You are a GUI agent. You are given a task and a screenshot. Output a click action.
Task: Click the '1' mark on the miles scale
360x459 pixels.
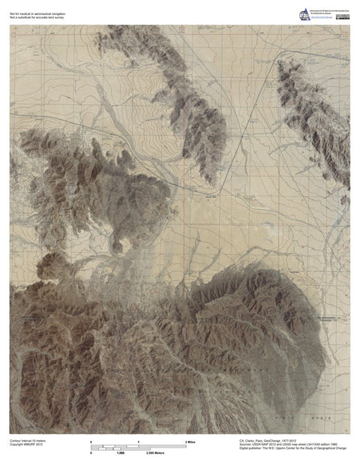click(139, 442)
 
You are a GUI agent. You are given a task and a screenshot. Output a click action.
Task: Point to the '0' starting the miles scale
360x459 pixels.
click(91, 442)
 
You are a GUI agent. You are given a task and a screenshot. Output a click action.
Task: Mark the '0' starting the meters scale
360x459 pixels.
click(91, 454)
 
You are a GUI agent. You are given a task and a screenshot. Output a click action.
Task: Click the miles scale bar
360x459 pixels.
click(138, 447)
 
